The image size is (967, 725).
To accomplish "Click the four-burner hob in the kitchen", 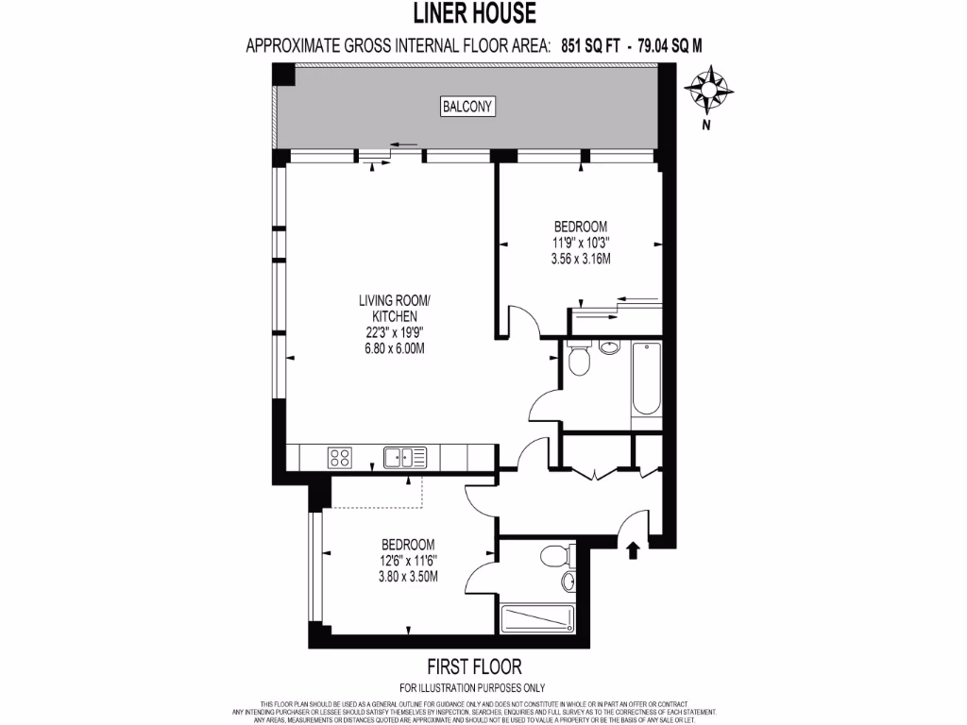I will click(340, 459).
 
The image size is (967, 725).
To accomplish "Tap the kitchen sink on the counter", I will click(404, 459).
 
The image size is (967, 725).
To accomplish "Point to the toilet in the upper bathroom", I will click(578, 360).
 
